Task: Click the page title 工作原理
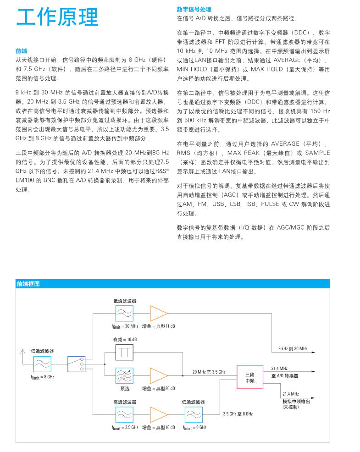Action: coord(57,17)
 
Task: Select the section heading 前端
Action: coord(21,51)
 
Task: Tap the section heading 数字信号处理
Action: coord(194,9)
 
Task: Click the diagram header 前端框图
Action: coord(28,284)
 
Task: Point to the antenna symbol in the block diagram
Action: coord(22,353)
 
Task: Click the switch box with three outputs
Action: coord(76,364)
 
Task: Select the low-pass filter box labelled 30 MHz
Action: coord(124,314)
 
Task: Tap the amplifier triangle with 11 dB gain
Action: coord(158,314)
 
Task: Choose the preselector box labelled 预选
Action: coord(124,375)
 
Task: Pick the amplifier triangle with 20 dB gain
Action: coord(158,375)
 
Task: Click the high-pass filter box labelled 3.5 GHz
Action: coord(124,415)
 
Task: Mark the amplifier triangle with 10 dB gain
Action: coord(158,415)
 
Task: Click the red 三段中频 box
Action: coord(249,377)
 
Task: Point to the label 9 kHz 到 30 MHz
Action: coord(293,349)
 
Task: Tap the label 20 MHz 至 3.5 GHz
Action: coord(209,372)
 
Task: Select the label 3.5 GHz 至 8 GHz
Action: coord(238,414)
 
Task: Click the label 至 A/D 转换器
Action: coord(284,376)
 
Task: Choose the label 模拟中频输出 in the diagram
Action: coord(296,401)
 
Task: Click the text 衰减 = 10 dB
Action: coord(125,339)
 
